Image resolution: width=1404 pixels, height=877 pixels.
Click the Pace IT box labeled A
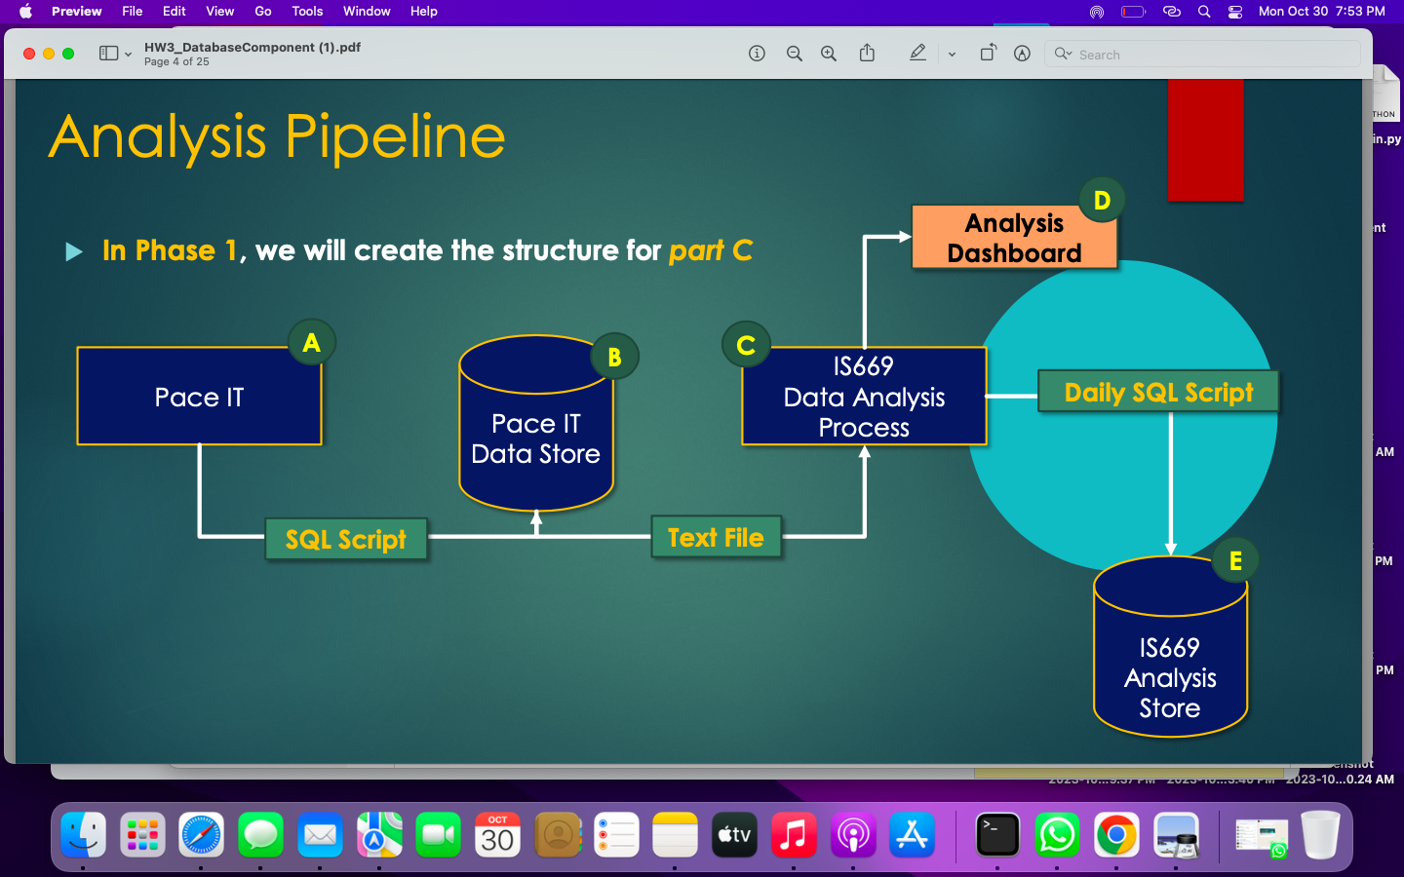coord(199,397)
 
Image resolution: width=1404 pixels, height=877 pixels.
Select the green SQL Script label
coord(346,539)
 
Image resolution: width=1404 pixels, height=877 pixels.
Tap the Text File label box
coord(716,537)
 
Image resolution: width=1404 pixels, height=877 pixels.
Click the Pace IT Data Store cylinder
coord(535,438)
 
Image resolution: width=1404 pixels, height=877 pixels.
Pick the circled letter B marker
coord(614,358)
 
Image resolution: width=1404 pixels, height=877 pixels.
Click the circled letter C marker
coord(746,345)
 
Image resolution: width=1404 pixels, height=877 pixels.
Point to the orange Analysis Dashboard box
coord(1014,238)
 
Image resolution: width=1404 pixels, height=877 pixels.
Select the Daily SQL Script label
coord(1158,392)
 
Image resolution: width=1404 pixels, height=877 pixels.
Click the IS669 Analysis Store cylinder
coord(1170,672)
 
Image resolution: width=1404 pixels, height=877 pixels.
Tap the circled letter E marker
coord(1235,560)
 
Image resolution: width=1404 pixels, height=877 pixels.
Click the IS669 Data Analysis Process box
coord(864,397)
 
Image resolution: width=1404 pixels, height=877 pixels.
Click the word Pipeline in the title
coord(395,136)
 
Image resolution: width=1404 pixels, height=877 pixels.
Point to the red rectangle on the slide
coord(1205,140)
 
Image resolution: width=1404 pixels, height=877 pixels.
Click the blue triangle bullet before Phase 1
coord(74,252)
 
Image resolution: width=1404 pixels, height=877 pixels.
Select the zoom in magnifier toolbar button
coord(829,54)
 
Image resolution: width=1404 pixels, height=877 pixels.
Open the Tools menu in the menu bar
coord(307,11)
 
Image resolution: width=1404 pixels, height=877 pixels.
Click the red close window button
coord(29,54)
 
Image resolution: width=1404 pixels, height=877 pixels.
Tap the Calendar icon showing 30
coord(497,835)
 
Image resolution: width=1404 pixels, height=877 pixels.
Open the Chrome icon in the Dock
coord(1116,835)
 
